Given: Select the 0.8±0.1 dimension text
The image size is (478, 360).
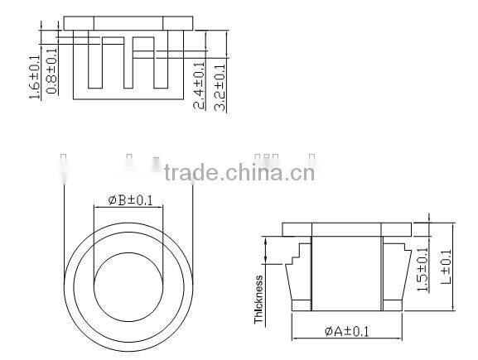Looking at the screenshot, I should [x=51, y=71].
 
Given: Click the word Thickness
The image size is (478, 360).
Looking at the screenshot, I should [x=259, y=299].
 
